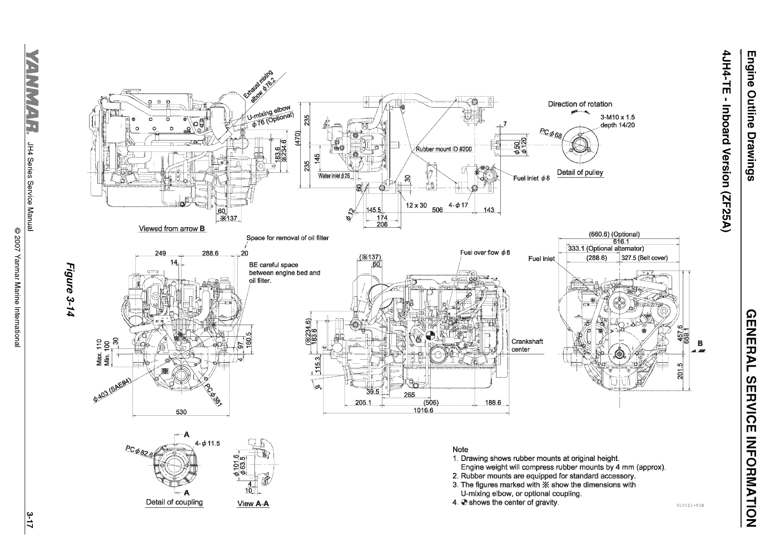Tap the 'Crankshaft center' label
(527, 345)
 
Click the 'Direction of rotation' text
(580, 104)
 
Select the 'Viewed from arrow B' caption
(172, 229)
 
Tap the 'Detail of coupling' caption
(174, 502)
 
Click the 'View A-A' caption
(253, 504)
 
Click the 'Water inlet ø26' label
(334, 176)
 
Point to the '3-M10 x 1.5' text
(618, 117)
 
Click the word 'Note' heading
(460, 449)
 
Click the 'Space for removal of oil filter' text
(287, 238)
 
